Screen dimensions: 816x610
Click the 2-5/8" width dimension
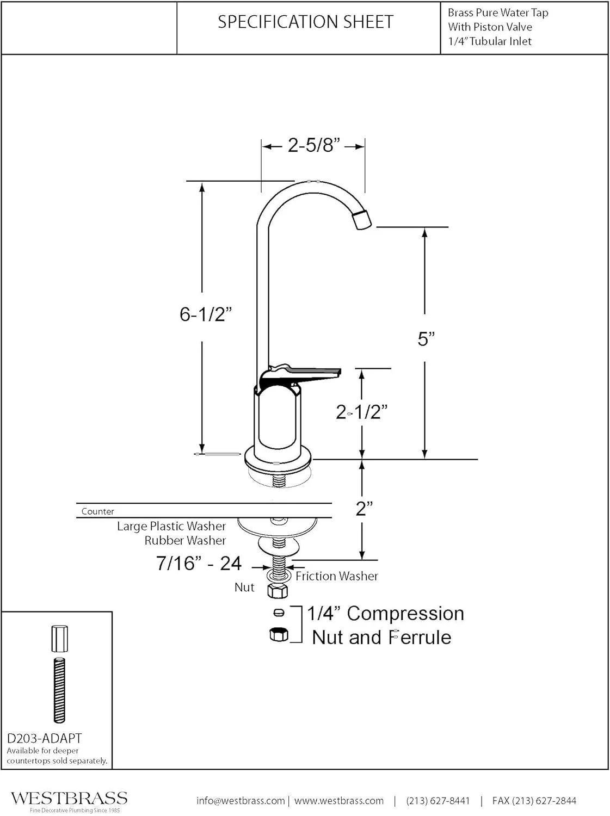[314, 145]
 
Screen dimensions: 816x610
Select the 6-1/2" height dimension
[206, 314]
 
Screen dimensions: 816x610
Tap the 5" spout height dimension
[426, 338]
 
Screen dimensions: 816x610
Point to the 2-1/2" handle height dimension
[361, 412]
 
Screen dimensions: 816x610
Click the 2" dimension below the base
[364, 509]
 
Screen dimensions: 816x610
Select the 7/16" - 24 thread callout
[199, 563]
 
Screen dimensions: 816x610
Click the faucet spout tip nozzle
[361, 220]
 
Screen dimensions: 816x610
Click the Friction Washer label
[336, 576]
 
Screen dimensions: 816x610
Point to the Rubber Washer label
[185, 540]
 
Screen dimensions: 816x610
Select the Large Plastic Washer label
[171, 526]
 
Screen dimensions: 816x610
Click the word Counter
[98, 511]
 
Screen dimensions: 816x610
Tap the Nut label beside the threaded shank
[244, 587]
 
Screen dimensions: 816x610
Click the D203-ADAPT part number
[45, 738]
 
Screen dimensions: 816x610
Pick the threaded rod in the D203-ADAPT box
[59, 690]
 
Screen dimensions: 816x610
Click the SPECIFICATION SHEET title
[305, 22]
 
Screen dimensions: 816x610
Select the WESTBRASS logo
[69, 798]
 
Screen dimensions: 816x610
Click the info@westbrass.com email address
[241, 800]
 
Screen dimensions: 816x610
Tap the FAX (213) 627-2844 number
[534, 800]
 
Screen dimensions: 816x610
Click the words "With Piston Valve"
[490, 27]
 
